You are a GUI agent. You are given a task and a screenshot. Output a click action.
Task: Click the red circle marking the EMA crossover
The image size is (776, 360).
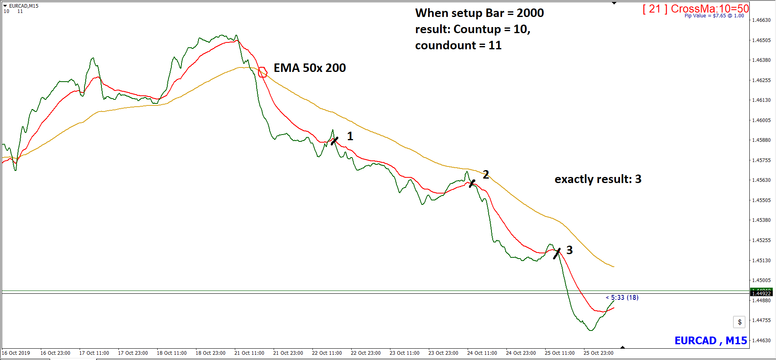pos(263,72)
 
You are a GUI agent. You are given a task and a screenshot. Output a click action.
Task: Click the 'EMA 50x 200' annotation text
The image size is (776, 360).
pos(310,68)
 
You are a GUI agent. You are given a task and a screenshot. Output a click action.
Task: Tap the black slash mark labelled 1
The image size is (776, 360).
pos(334,141)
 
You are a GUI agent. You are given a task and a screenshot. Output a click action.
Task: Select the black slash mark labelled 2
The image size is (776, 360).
pos(472,183)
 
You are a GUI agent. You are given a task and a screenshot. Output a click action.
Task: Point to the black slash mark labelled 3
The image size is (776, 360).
pos(557,253)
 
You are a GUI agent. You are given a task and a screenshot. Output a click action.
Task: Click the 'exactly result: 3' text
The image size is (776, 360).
pos(598,179)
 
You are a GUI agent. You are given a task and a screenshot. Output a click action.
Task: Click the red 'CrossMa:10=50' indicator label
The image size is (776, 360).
pos(710,8)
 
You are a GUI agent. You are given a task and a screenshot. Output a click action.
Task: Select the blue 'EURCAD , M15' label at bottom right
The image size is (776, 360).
pos(711,341)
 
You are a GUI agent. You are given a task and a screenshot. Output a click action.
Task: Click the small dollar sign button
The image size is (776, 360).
pos(739,322)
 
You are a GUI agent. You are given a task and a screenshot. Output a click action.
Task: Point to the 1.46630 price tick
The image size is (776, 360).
pos(761,20)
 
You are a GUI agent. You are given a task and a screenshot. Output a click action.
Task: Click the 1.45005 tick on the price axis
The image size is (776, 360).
pos(761,280)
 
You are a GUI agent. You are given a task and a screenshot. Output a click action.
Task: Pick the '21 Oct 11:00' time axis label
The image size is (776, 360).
pos(249,353)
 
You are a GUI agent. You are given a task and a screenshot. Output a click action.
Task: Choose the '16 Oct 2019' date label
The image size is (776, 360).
pos(16,353)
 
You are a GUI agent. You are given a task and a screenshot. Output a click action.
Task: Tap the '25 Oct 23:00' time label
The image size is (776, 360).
pos(598,353)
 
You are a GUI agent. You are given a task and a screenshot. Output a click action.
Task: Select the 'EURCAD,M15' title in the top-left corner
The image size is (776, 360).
pos(23,6)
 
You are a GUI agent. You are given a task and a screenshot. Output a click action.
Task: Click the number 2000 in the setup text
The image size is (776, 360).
pos(530,13)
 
